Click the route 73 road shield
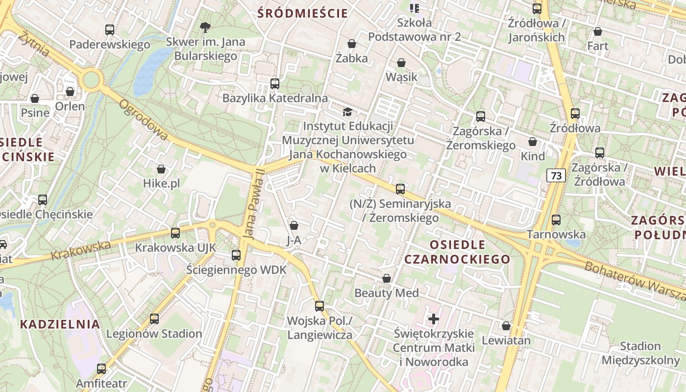coord(556,175)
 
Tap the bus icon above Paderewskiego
coord(110,30)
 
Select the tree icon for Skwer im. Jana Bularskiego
coord(205,27)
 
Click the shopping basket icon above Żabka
coord(351,44)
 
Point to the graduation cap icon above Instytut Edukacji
coord(347,112)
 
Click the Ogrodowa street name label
coord(144,121)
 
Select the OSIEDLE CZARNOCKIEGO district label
coord(457,252)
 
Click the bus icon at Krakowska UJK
coord(175,233)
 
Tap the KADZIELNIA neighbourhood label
coord(60,324)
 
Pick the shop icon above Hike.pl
coord(161,170)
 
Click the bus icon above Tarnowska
coord(556,220)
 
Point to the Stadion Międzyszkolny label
coord(640,353)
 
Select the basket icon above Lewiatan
coord(506,325)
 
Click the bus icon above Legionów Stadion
coord(154,319)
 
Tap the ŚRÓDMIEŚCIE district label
coord(303,13)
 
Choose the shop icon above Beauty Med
coord(387,278)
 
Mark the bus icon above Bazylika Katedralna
coord(275,84)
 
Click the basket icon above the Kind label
coord(533,142)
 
